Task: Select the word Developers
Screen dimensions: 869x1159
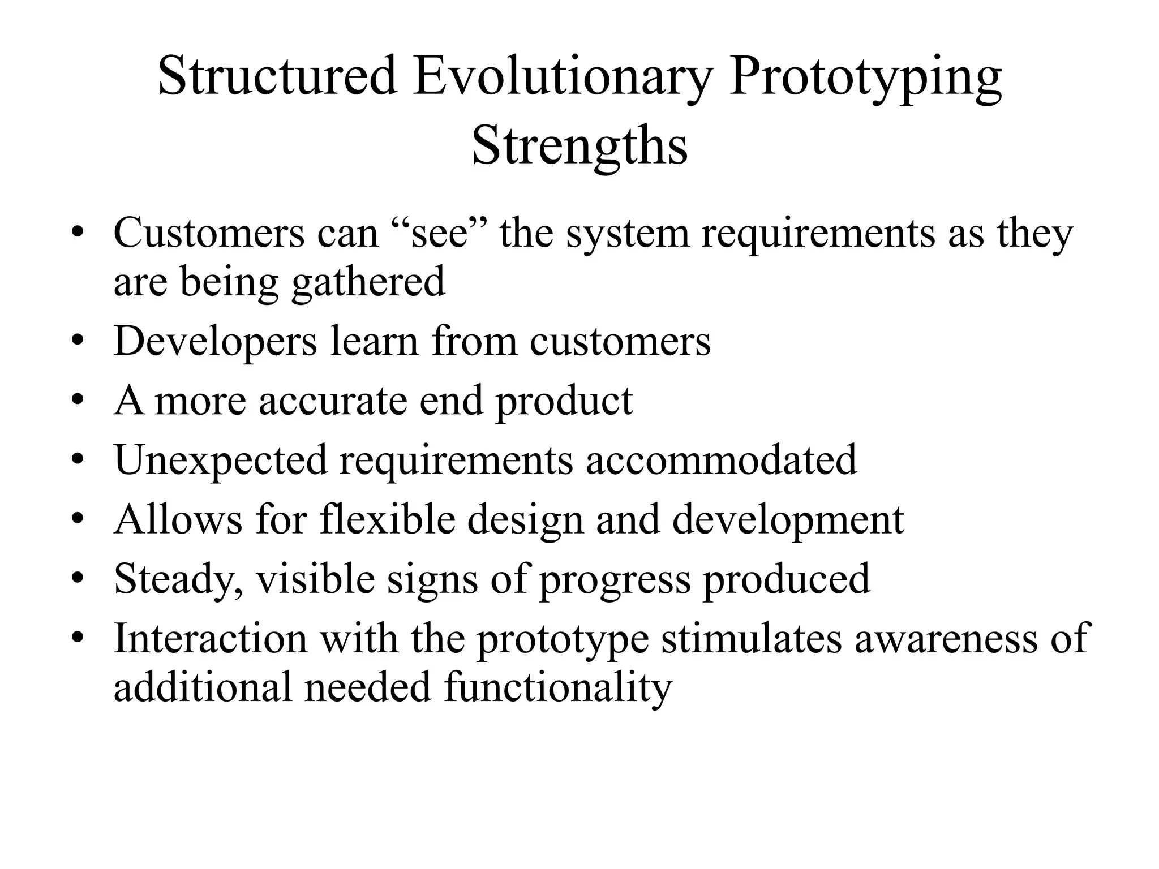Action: coord(215,342)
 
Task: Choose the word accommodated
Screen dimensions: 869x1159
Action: coord(721,459)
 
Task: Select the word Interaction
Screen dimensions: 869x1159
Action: coord(211,638)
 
